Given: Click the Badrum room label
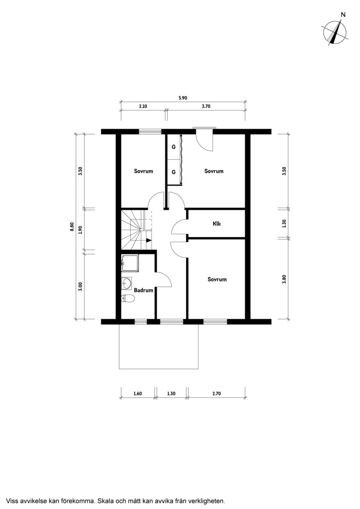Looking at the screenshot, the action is (143, 290).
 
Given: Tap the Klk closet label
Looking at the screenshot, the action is (217, 224).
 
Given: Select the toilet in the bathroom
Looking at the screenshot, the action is (128, 298).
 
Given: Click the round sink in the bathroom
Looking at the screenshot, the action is (127, 283).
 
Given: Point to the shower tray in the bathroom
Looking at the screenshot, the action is (130, 263).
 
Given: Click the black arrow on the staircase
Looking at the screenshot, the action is (149, 240).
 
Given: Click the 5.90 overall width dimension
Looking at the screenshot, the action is (183, 98).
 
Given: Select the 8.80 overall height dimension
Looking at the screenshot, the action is (72, 227).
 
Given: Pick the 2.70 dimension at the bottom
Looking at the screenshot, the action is (217, 394).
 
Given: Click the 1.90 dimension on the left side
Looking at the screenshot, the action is (81, 230).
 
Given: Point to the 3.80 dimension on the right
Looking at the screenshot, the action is (284, 279).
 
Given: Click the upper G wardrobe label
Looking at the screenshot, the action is (174, 147).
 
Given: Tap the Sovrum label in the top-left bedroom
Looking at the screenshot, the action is (143, 171).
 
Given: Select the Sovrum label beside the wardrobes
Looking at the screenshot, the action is (214, 171).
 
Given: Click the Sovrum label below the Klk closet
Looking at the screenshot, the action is (217, 279).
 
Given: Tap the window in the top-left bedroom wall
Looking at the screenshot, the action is (150, 131).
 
